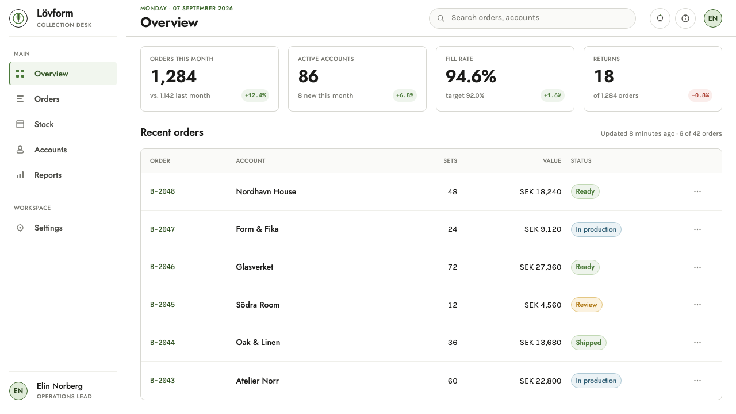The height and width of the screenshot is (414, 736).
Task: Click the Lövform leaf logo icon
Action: [x=18, y=18]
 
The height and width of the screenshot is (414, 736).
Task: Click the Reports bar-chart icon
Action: [x=20, y=175]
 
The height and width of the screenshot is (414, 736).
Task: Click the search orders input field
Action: [x=532, y=18]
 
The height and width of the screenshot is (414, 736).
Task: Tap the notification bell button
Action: [x=660, y=18]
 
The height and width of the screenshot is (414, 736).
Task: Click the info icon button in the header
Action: [x=685, y=18]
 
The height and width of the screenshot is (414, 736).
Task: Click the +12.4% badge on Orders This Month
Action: [x=255, y=95]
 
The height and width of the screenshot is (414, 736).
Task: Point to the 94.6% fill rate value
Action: [x=470, y=76]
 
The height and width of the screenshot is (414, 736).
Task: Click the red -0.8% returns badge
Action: [x=700, y=95]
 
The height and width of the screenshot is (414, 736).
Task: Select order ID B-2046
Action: [x=162, y=267]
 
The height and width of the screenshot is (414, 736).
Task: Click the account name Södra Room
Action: [x=258, y=305]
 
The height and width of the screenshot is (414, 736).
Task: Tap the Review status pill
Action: [x=586, y=305]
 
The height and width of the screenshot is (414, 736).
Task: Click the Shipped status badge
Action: [x=588, y=343]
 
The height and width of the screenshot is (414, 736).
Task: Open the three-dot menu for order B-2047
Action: [x=697, y=229]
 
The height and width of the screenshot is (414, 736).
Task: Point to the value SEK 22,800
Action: [x=540, y=381]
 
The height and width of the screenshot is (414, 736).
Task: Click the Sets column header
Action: [x=450, y=160]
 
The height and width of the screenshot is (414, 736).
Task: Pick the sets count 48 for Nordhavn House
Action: [x=453, y=192]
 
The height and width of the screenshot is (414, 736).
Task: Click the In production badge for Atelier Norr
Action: [x=596, y=381]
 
